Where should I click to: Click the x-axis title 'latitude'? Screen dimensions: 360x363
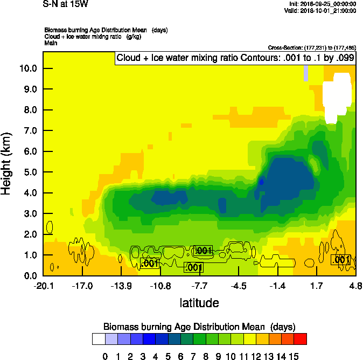pyautogui.click(x=199, y=303)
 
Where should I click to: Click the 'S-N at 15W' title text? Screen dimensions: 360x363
pyautogui.click(x=65, y=4)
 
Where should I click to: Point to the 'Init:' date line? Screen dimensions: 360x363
pyautogui.click(x=322, y=4)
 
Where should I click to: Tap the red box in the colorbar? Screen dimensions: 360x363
pyautogui.click(x=301, y=339)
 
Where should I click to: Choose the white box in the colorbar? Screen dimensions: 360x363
pyautogui.click(x=98, y=339)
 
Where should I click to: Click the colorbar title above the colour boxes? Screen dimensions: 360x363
pyautogui.click(x=199, y=327)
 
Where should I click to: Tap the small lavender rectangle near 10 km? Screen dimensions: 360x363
pyautogui.click(x=305, y=73)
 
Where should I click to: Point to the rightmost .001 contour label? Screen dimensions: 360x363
pyautogui.click(x=341, y=260)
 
